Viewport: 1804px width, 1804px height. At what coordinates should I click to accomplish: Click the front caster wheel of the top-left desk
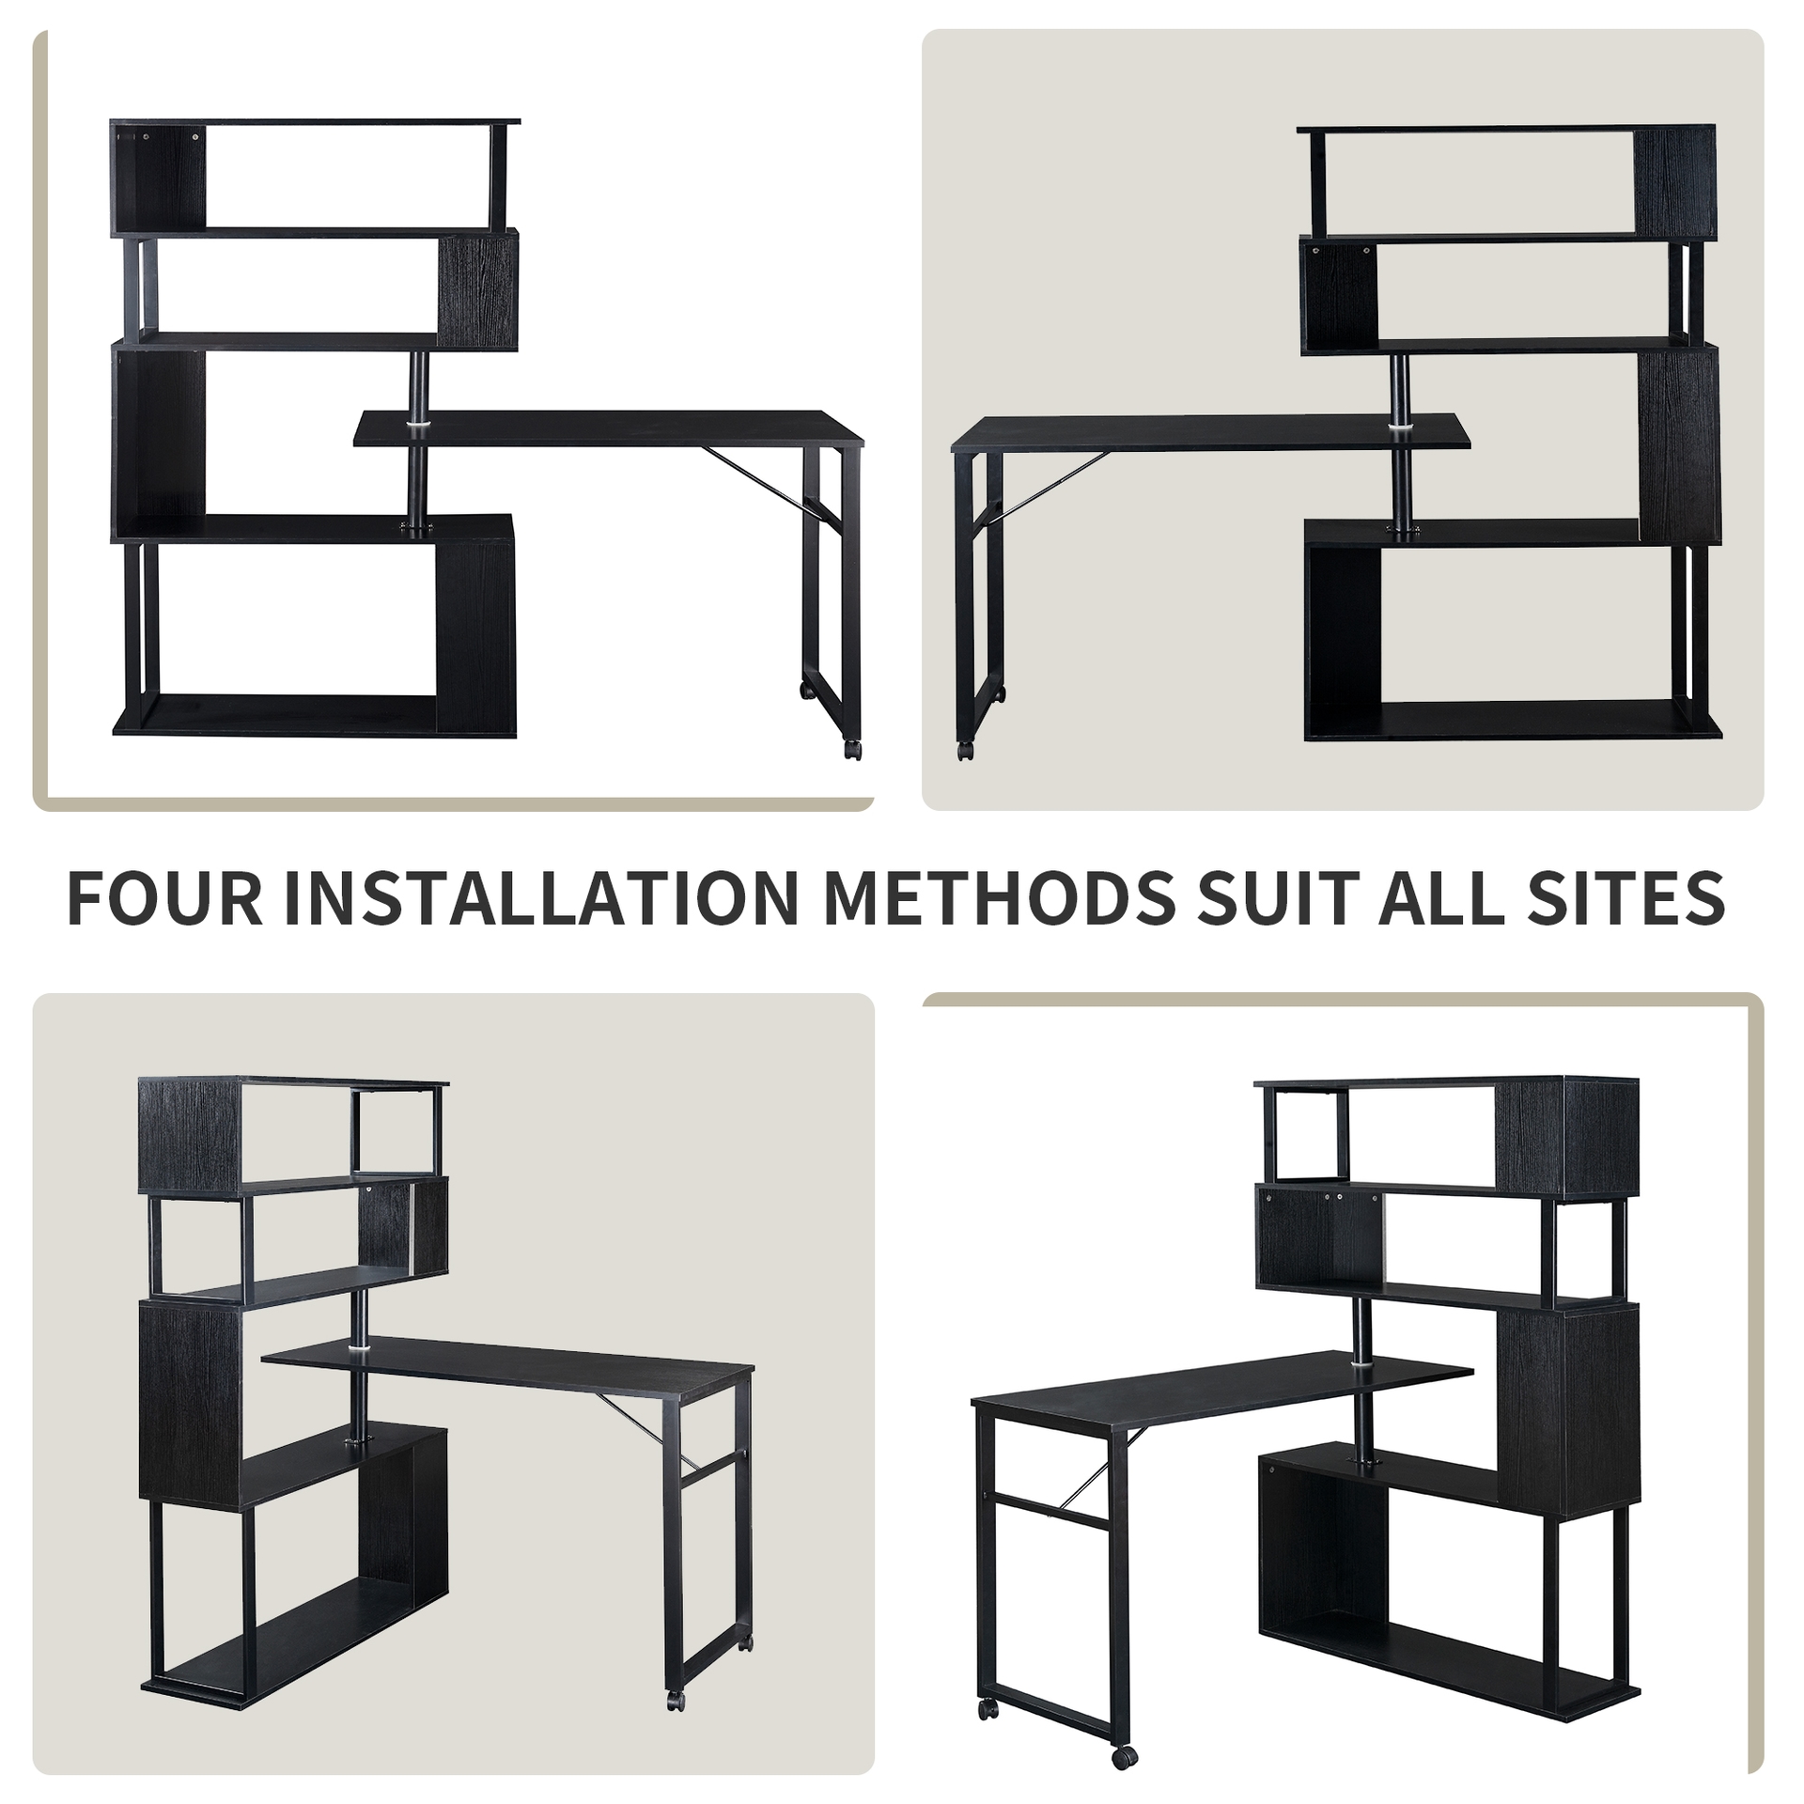point(851,750)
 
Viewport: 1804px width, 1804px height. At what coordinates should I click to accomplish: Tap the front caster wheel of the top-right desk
point(965,752)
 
